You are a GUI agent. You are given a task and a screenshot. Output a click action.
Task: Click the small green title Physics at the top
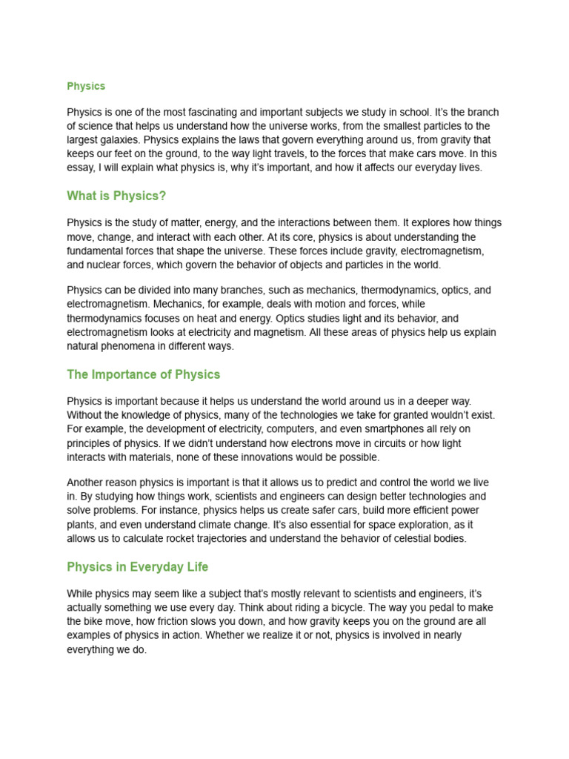pos(86,86)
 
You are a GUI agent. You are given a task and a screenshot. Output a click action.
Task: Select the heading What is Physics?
pos(116,196)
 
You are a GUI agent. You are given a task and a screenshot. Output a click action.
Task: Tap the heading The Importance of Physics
pos(143,374)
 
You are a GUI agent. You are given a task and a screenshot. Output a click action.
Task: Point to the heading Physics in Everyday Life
pos(137,567)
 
